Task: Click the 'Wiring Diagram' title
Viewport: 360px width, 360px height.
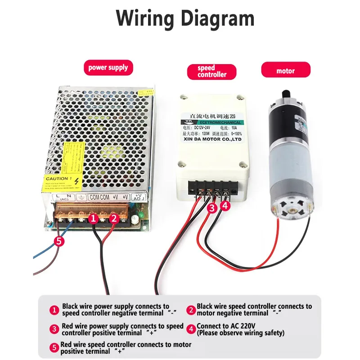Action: click(x=185, y=18)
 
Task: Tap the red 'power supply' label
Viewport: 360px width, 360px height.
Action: click(x=108, y=68)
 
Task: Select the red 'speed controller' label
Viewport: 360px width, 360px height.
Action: click(x=211, y=72)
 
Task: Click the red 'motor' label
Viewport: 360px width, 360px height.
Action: click(x=285, y=71)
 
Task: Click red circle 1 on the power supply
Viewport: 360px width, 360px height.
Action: click(x=93, y=219)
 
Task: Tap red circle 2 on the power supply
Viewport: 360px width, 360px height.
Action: click(x=113, y=219)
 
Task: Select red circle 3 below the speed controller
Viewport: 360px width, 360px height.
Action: click(x=212, y=208)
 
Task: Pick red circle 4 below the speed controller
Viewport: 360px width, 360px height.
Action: click(x=225, y=206)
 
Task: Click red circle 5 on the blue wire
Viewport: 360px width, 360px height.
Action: click(x=59, y=241)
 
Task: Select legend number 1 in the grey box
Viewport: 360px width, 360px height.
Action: click(x=54, y=310)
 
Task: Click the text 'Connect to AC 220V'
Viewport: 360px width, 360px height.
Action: click(x=224, y=326)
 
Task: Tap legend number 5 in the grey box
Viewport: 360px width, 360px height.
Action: click(x=54, y=348)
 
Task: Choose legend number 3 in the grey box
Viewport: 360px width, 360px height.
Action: click(x=54, y=329)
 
